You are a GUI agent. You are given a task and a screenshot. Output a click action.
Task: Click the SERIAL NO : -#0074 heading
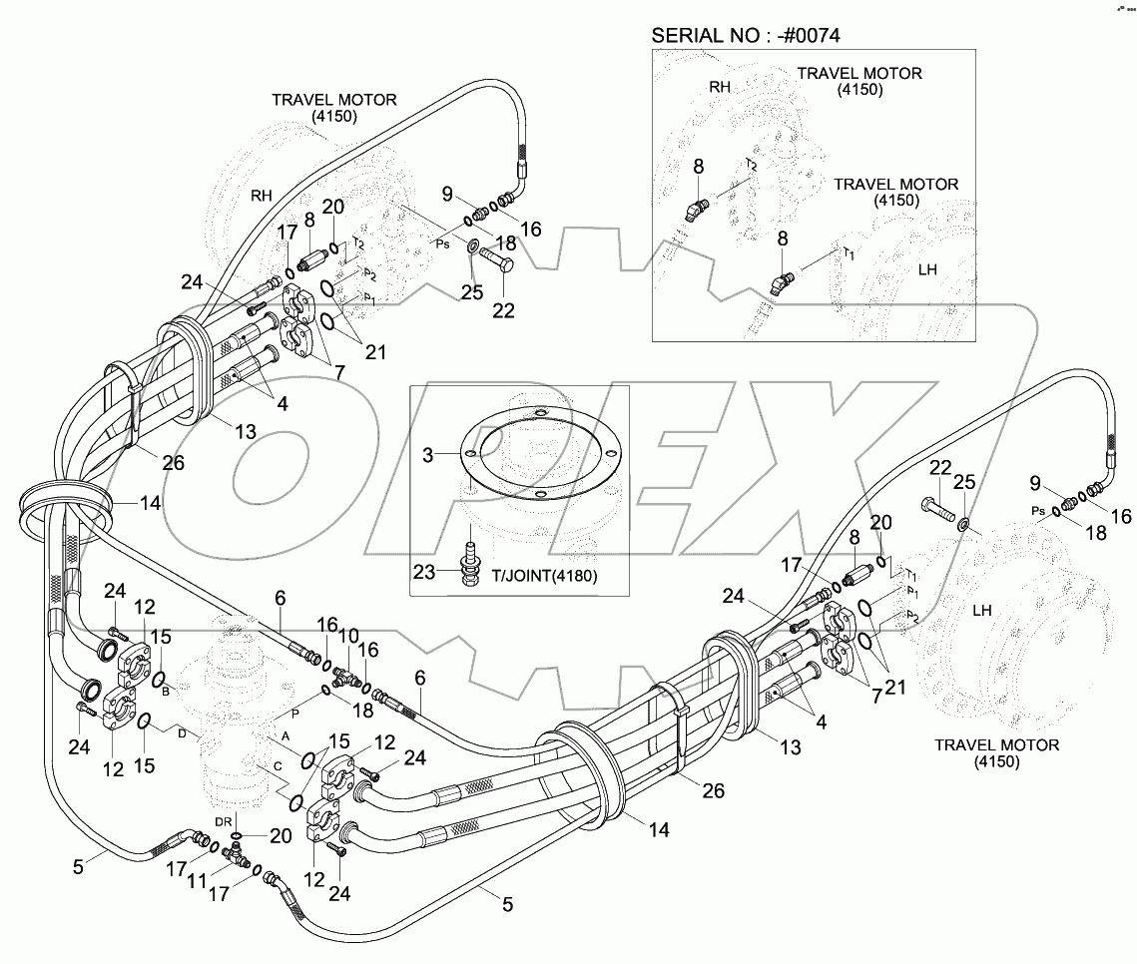[x=746, y=36]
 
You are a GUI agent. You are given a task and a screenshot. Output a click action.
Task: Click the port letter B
[x=165, y=691]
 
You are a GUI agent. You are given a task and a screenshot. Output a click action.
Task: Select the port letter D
[x=181, y=734]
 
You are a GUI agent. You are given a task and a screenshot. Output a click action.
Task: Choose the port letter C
[x=275, y=766]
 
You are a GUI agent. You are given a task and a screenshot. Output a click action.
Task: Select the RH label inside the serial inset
[x=720, y=88]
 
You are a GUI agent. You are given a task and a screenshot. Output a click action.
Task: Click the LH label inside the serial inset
[x=924, y=269]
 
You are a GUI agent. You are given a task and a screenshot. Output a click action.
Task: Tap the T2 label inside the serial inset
[x=751, y=166]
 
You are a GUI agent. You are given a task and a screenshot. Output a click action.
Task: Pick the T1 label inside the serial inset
[x=850, y=253]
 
